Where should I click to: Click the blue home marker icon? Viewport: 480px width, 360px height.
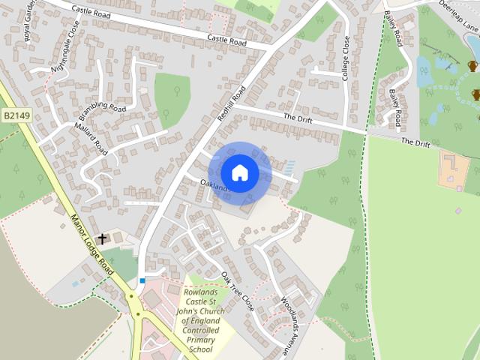[239, 172]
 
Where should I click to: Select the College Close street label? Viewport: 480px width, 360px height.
[346, 58]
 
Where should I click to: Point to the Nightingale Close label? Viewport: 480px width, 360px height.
[64, 46]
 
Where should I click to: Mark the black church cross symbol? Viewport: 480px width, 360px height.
[102, 238]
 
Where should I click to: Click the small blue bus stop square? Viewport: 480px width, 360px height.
[142, 280]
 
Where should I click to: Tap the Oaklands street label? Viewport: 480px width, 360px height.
[214, 185]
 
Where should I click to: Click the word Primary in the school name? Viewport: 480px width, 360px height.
[202, 340]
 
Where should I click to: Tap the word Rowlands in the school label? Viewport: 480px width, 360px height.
[201, 292]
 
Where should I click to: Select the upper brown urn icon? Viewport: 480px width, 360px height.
[473, 66]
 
